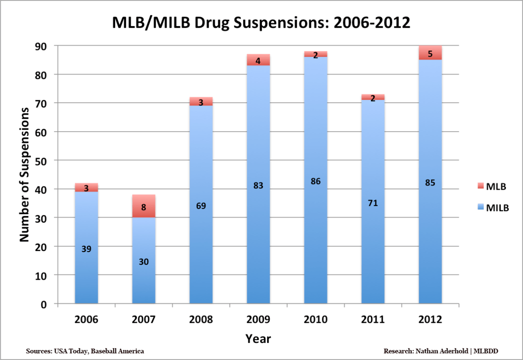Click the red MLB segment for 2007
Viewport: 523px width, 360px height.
pos(144,206)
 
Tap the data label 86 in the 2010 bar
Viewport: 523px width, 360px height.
pos(316,181)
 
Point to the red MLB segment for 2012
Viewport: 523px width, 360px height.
pos(430,53)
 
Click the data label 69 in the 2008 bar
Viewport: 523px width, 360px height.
pos(201,206)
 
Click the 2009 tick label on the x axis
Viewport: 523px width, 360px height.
pos(258,319)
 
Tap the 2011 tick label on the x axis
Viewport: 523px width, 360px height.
pos(373,319)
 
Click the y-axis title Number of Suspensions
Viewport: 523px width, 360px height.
pos(25,174)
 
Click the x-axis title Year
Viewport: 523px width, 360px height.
pos(258,339)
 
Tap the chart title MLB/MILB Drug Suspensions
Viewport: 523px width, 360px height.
pos(261,22)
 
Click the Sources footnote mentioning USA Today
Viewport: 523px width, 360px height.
pos(85,351)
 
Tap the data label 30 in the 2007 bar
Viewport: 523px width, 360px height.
pos(144,262)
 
